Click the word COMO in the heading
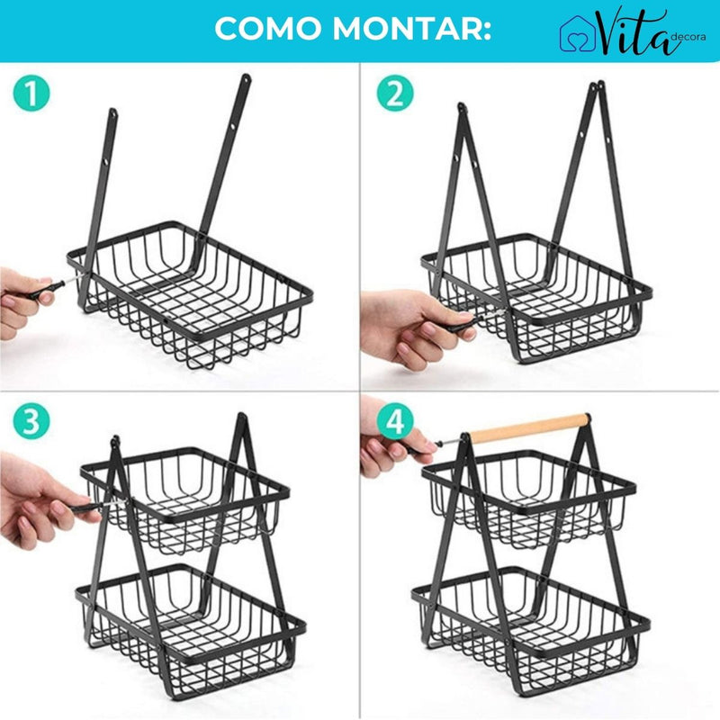[x=269, y=30]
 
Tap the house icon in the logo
[x=577, y=34]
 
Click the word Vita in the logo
[x=630, y=33]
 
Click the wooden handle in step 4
[x=531, y=428]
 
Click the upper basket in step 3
[x=184, y=504]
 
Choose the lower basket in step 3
[x=193, y=621]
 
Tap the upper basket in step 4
[x=531, y=499]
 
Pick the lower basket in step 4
[x=531, y=621]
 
